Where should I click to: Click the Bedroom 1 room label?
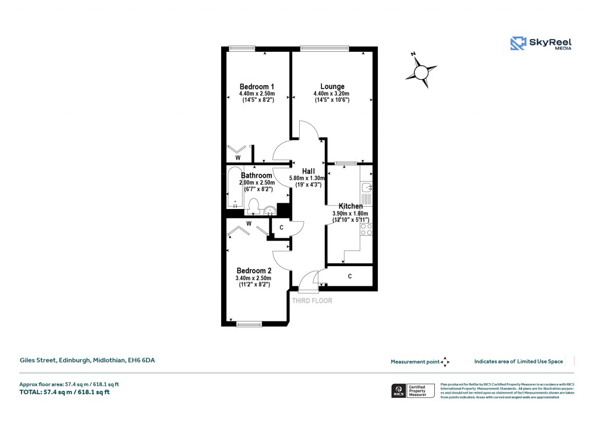point(257,87)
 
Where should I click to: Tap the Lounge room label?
point(332,87)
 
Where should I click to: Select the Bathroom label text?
point(257,175)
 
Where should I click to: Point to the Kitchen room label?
point(351,206)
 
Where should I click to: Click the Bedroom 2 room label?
point(254,271)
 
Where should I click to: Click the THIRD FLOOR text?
point(312,301)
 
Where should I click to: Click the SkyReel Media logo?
point(541,44)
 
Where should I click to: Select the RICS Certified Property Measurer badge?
point(412,390)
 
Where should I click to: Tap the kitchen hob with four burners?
point(367,229)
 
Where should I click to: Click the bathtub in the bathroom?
point(235,187)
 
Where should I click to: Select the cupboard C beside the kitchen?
point(349,276)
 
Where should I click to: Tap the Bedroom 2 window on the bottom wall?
point(249,324)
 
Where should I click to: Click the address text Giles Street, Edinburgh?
point(87,360)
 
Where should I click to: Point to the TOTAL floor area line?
point(65,392)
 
